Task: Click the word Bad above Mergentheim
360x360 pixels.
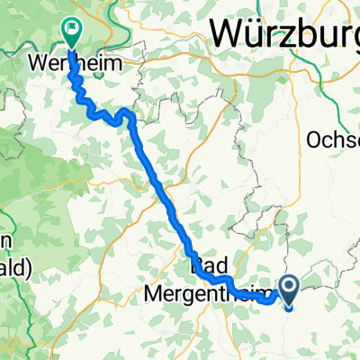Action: tap(206, 267)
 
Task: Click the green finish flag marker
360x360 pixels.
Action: tap(71, 31)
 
